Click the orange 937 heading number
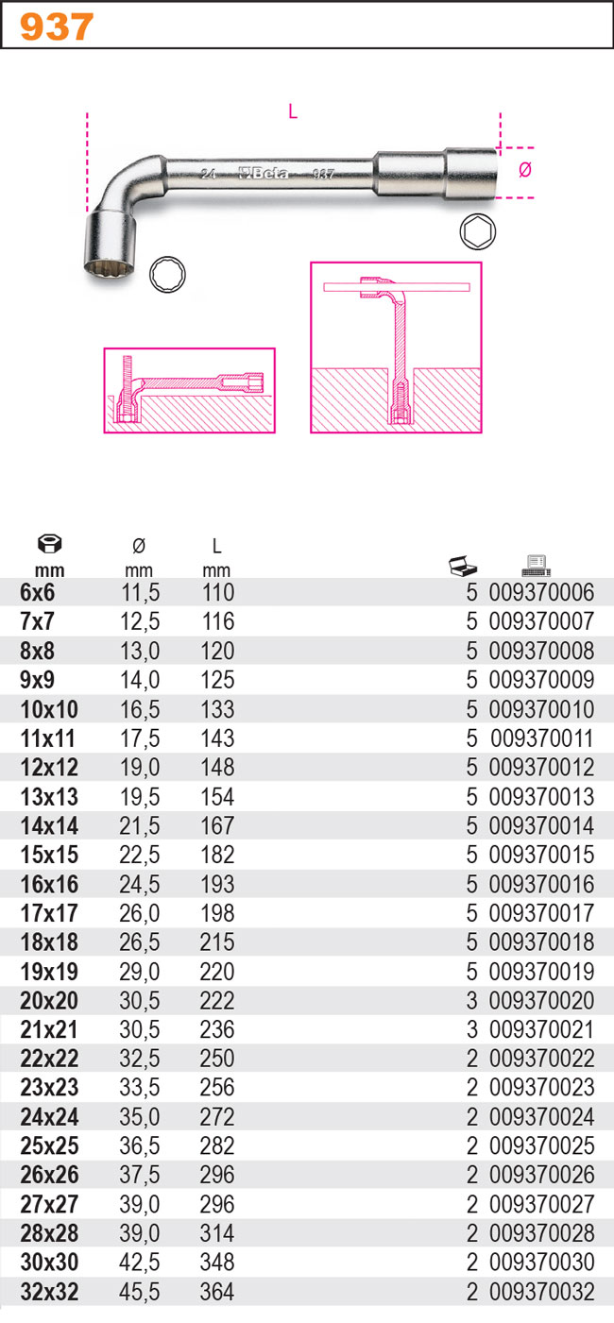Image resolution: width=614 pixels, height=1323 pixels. [x=57, y=27]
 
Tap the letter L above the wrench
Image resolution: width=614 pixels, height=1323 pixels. [x=293, y=111]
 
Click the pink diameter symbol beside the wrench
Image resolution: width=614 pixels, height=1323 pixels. [x=525, y=170]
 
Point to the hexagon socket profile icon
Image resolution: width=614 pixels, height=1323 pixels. [x=477, y=231]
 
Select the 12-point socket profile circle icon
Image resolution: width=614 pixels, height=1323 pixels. [x=168, y=275]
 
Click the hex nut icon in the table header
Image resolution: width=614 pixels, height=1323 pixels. [x=50, y=543]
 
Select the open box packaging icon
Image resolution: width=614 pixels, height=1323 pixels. [x=463, y=566]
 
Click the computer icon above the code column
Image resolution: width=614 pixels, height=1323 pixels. [x=537, y=566]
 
